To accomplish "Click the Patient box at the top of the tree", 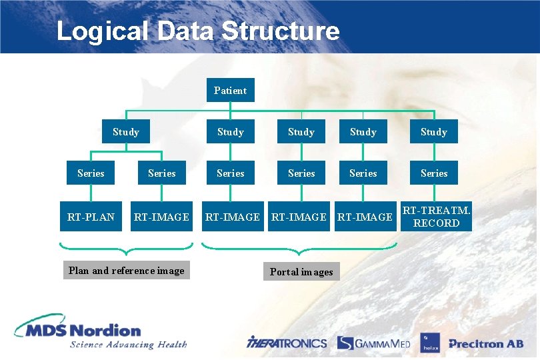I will click(x=230, y=91).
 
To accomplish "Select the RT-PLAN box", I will click(x=91, y=217).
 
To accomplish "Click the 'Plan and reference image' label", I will click(x=127, y=271).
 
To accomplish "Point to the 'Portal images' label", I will click(x=301, y=271).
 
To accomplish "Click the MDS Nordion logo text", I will click(x=80, y=329).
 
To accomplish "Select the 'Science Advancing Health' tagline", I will click(x=128, y=345).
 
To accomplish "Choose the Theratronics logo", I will click(x=287, y=343).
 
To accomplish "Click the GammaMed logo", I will click(x=374, y=343).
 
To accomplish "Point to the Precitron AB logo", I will click(x=485, y=344).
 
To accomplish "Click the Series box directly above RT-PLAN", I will click(x=91, y=173).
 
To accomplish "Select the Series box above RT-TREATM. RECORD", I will click(x=434, y=173).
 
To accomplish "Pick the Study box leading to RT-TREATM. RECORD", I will click(x=434, y=132).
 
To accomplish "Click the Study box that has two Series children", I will click(x=126, y=132).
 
